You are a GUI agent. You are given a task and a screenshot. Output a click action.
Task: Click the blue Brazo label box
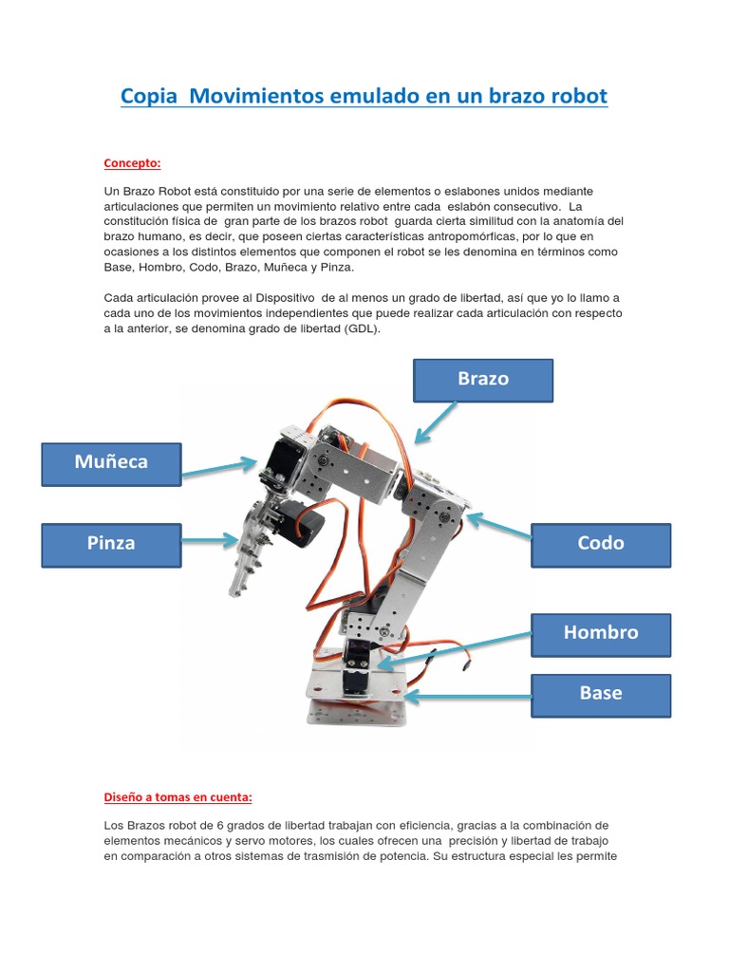483,380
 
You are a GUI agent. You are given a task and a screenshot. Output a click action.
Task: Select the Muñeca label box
110,462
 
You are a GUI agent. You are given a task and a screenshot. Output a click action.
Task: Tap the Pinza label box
110,544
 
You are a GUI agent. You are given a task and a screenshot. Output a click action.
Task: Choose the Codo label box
600,544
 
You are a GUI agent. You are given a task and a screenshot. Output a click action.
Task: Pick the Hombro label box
600,633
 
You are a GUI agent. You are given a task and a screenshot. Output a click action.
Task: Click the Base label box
600,694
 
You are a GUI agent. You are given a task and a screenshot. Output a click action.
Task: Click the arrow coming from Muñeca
218,466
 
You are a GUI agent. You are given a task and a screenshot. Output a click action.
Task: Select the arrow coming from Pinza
209,541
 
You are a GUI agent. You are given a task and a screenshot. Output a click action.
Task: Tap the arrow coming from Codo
498,528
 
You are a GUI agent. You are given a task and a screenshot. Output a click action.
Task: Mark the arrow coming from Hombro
456,648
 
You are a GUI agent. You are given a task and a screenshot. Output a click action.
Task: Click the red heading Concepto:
132,162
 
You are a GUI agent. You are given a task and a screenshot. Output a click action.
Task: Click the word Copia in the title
149,97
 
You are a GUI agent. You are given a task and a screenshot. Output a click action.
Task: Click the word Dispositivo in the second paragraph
255,298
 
